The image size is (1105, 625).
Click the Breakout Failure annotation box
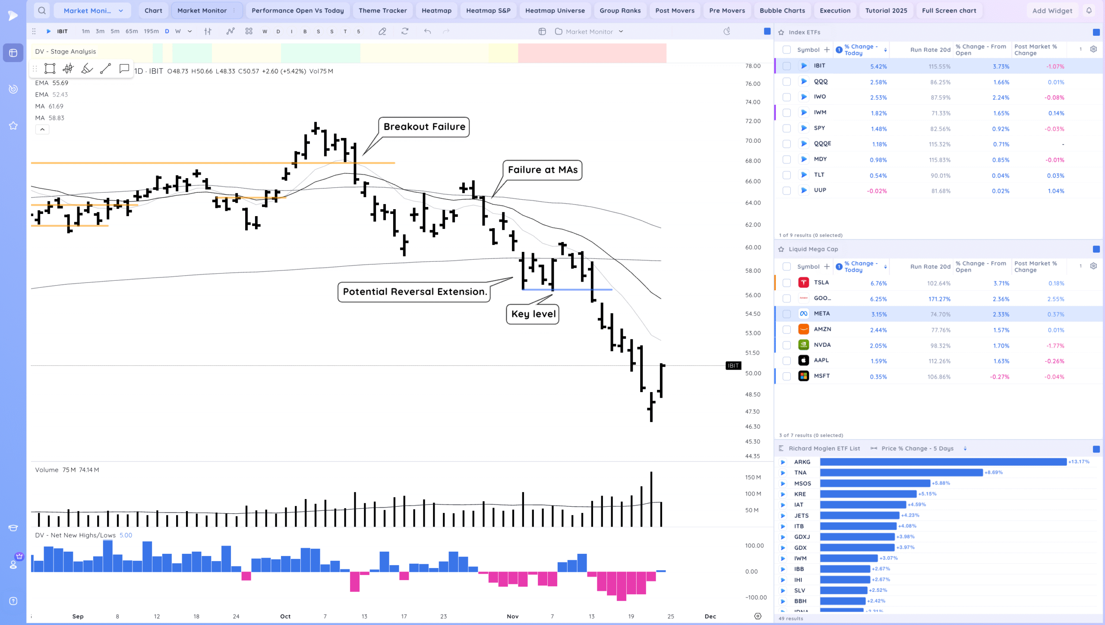(424, 127)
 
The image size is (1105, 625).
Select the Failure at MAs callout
(542, 170)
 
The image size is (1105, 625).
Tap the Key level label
(533, 314)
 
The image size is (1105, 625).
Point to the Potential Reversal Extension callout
(414, 292)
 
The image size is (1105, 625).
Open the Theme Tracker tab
(382, 10)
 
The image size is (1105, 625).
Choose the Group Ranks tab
(620, 10)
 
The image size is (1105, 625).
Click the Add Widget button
(1052, 10)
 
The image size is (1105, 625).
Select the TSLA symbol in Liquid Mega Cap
(821, 283)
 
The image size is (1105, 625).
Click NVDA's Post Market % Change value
(1054, 346)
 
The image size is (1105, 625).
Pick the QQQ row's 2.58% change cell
(878, 82)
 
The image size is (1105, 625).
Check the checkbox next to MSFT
(786, 377)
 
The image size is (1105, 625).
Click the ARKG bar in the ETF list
(943, 462)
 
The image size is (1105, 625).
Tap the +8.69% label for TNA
(993, 473)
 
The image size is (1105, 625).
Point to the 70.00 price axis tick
(753, 141)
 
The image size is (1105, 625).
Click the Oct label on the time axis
(285, 616)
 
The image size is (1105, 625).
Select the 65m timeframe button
(132, 31)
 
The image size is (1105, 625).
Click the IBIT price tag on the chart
(733, 366)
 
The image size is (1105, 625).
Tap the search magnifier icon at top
(42, 10)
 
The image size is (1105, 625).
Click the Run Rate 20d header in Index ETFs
(930, 50)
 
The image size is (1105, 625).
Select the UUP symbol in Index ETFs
(820, 190)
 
